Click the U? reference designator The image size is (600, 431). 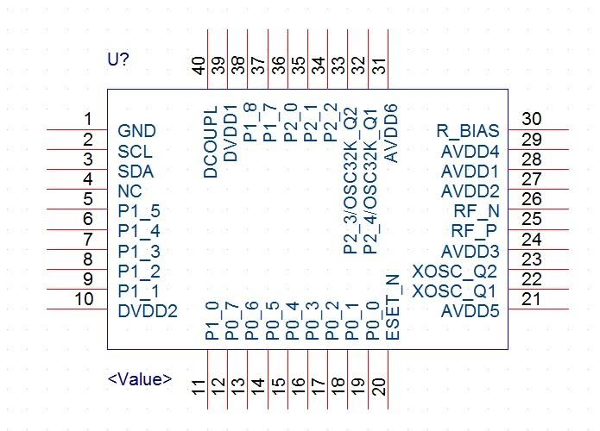(x=118, y=59)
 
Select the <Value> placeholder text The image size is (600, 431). (x=140, y=379)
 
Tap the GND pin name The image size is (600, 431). (x=136, y=131)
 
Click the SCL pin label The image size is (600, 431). (x=135, y=152)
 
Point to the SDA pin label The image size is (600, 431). (x=136, y=172)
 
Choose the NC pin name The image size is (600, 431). (x=129, y=191)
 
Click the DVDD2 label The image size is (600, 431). (x=148, y=311)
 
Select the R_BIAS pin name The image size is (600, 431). (x=468, y=131)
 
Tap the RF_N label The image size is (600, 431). (x=477, y=211)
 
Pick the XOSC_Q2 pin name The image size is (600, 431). (x=455, y=272)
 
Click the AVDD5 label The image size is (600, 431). (x=471, y=311)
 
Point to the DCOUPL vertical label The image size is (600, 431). (x=211, y=142)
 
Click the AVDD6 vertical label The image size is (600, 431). (x=391, y=134)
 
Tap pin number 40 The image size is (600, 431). (x=199, y=66)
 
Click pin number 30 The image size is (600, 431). (x=532, y=119)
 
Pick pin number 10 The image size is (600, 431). (x=84, y=299)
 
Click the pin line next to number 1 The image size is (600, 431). (x=77, y=130)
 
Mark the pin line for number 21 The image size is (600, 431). (x=539, y=309)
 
